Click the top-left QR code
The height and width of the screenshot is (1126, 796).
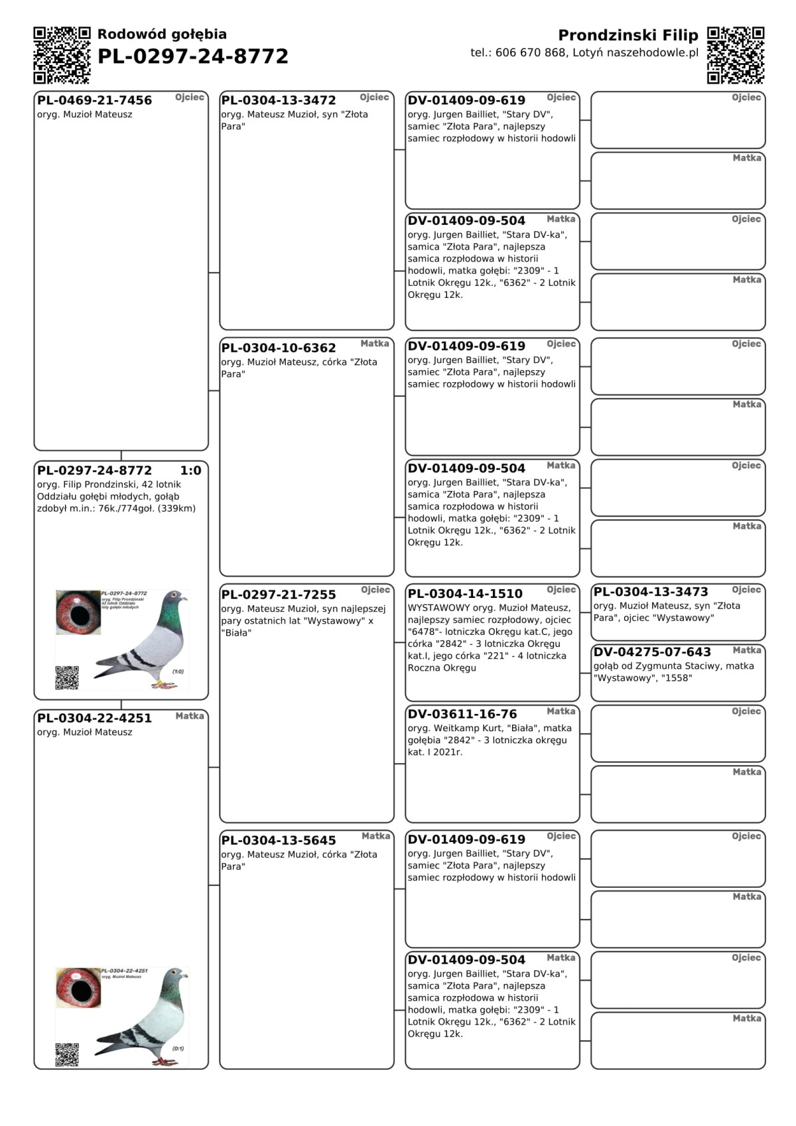(x=62, y=55)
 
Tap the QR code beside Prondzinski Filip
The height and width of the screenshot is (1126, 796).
(x=735, y=55)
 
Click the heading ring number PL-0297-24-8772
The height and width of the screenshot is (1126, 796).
(x=193, y=56)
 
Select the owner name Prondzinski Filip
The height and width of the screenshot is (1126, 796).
(x=628, y=35)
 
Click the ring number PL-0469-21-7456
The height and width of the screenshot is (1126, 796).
(x=95, y=100)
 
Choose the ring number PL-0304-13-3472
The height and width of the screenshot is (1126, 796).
(x=279, y=100)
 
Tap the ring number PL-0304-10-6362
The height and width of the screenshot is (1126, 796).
(x=279, y=348)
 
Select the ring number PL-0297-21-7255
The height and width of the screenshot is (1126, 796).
(x=279, y=595)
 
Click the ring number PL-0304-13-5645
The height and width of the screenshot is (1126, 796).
(x=279, y=840)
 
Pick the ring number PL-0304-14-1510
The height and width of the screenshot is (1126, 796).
(x=465, y=594)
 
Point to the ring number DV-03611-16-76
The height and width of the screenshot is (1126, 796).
(x=462, y=714)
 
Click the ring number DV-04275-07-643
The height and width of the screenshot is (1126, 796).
(x=652, y=652)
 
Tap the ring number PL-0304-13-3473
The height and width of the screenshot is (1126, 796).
(x=651, y=592)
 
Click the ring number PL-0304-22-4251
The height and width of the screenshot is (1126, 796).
(x=95, y=718)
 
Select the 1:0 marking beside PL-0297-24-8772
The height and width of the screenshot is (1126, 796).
(x=190, y=470)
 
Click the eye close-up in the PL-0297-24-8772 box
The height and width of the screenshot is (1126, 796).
(x=78, y=612)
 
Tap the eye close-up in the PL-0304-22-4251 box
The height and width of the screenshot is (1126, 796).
(x=78, y=988)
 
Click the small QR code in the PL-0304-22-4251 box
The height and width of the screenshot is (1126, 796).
(x=67, y=1054)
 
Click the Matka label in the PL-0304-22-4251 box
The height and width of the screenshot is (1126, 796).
(x=190, y=716)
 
